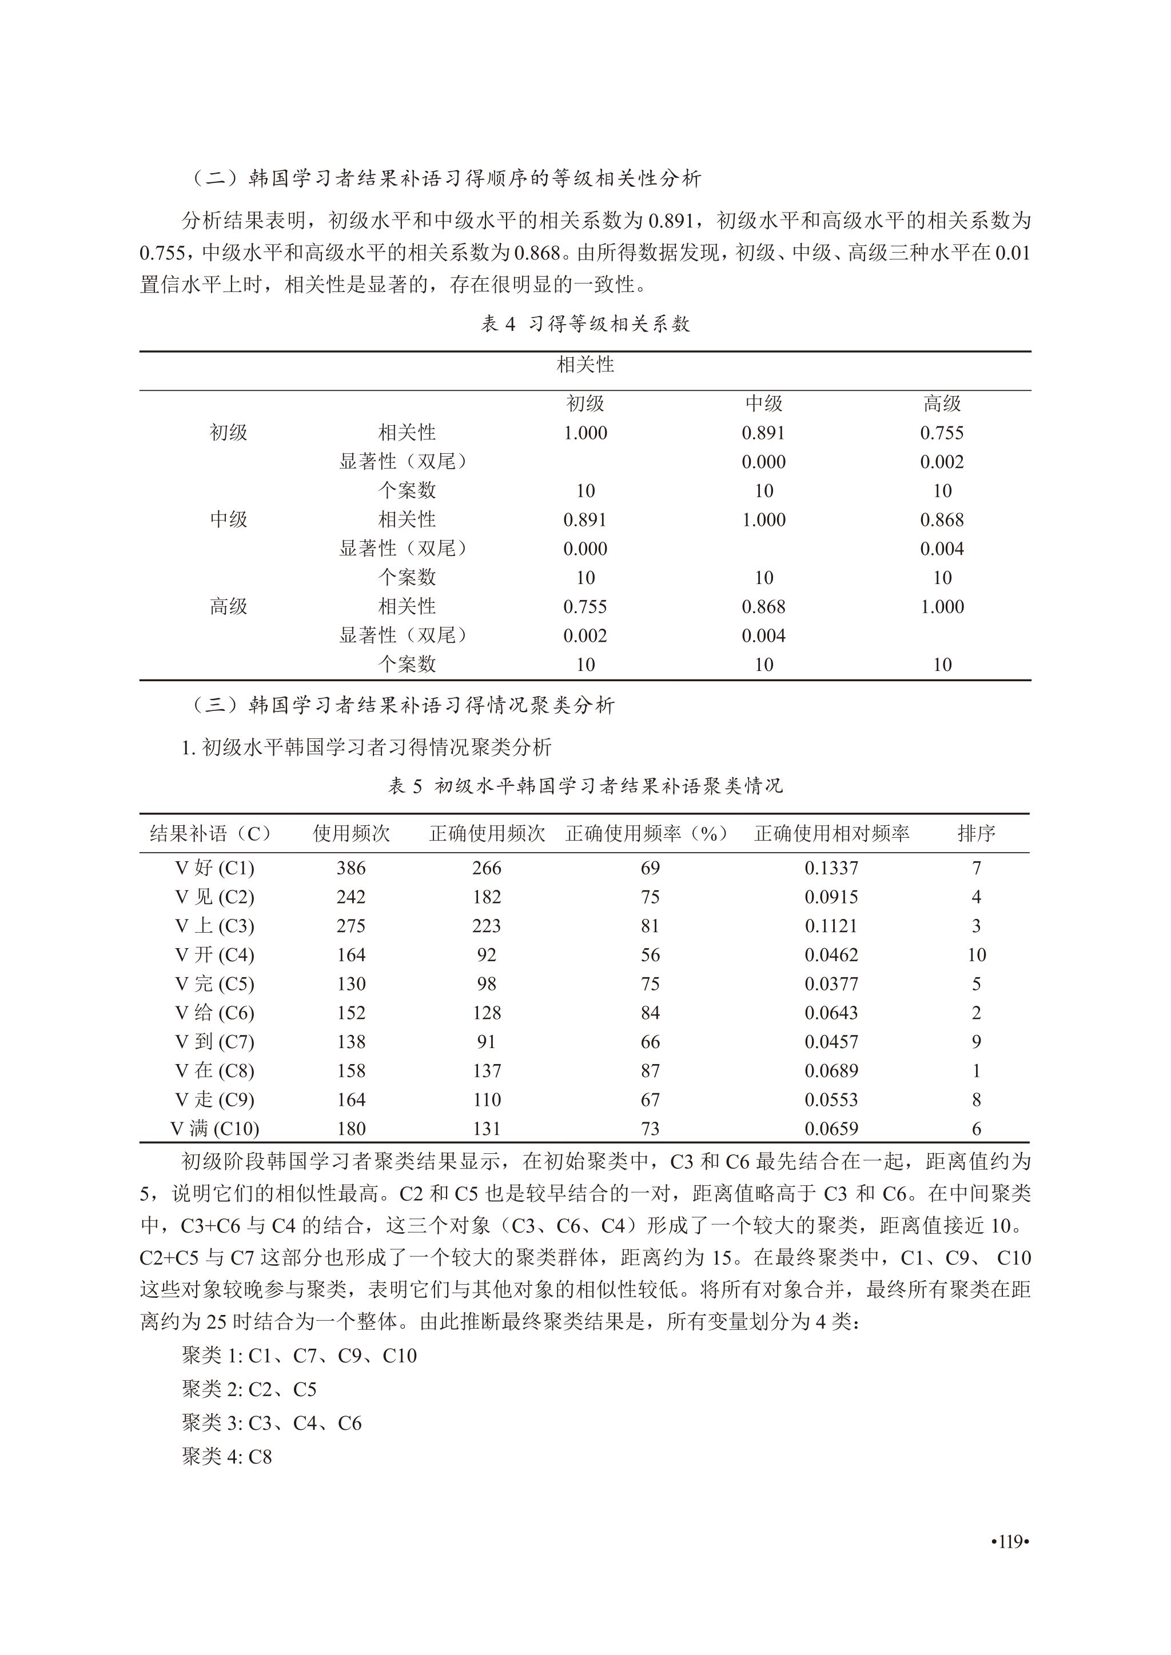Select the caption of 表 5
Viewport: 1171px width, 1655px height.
(x=585, y=785)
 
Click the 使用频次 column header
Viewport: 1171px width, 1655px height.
(x=351, y=833)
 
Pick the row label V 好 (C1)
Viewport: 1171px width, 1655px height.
(x=215, y=868)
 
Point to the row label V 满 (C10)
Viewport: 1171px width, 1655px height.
(x=215, y=1128)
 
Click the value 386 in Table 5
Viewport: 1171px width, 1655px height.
(x=351, y=868)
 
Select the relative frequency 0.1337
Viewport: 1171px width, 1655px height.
(x=831, y=868)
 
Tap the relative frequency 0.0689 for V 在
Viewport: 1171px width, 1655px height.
(x=831, y=1070)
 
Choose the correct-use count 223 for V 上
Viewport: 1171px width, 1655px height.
(x=487, y=926)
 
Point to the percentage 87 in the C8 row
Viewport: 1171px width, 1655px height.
(x=650, y=1070)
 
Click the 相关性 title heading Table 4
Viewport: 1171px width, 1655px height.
(x=585, y=365)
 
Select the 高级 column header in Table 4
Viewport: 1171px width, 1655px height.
(x=942, y=403)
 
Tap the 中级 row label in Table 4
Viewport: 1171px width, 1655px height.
(x=229, y=519)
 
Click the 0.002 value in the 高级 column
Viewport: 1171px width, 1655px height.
(x=942, y=462)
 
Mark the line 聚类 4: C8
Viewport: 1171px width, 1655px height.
(x=227, y=1457)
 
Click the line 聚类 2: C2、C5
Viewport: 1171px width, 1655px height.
(x=249, y=1389)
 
